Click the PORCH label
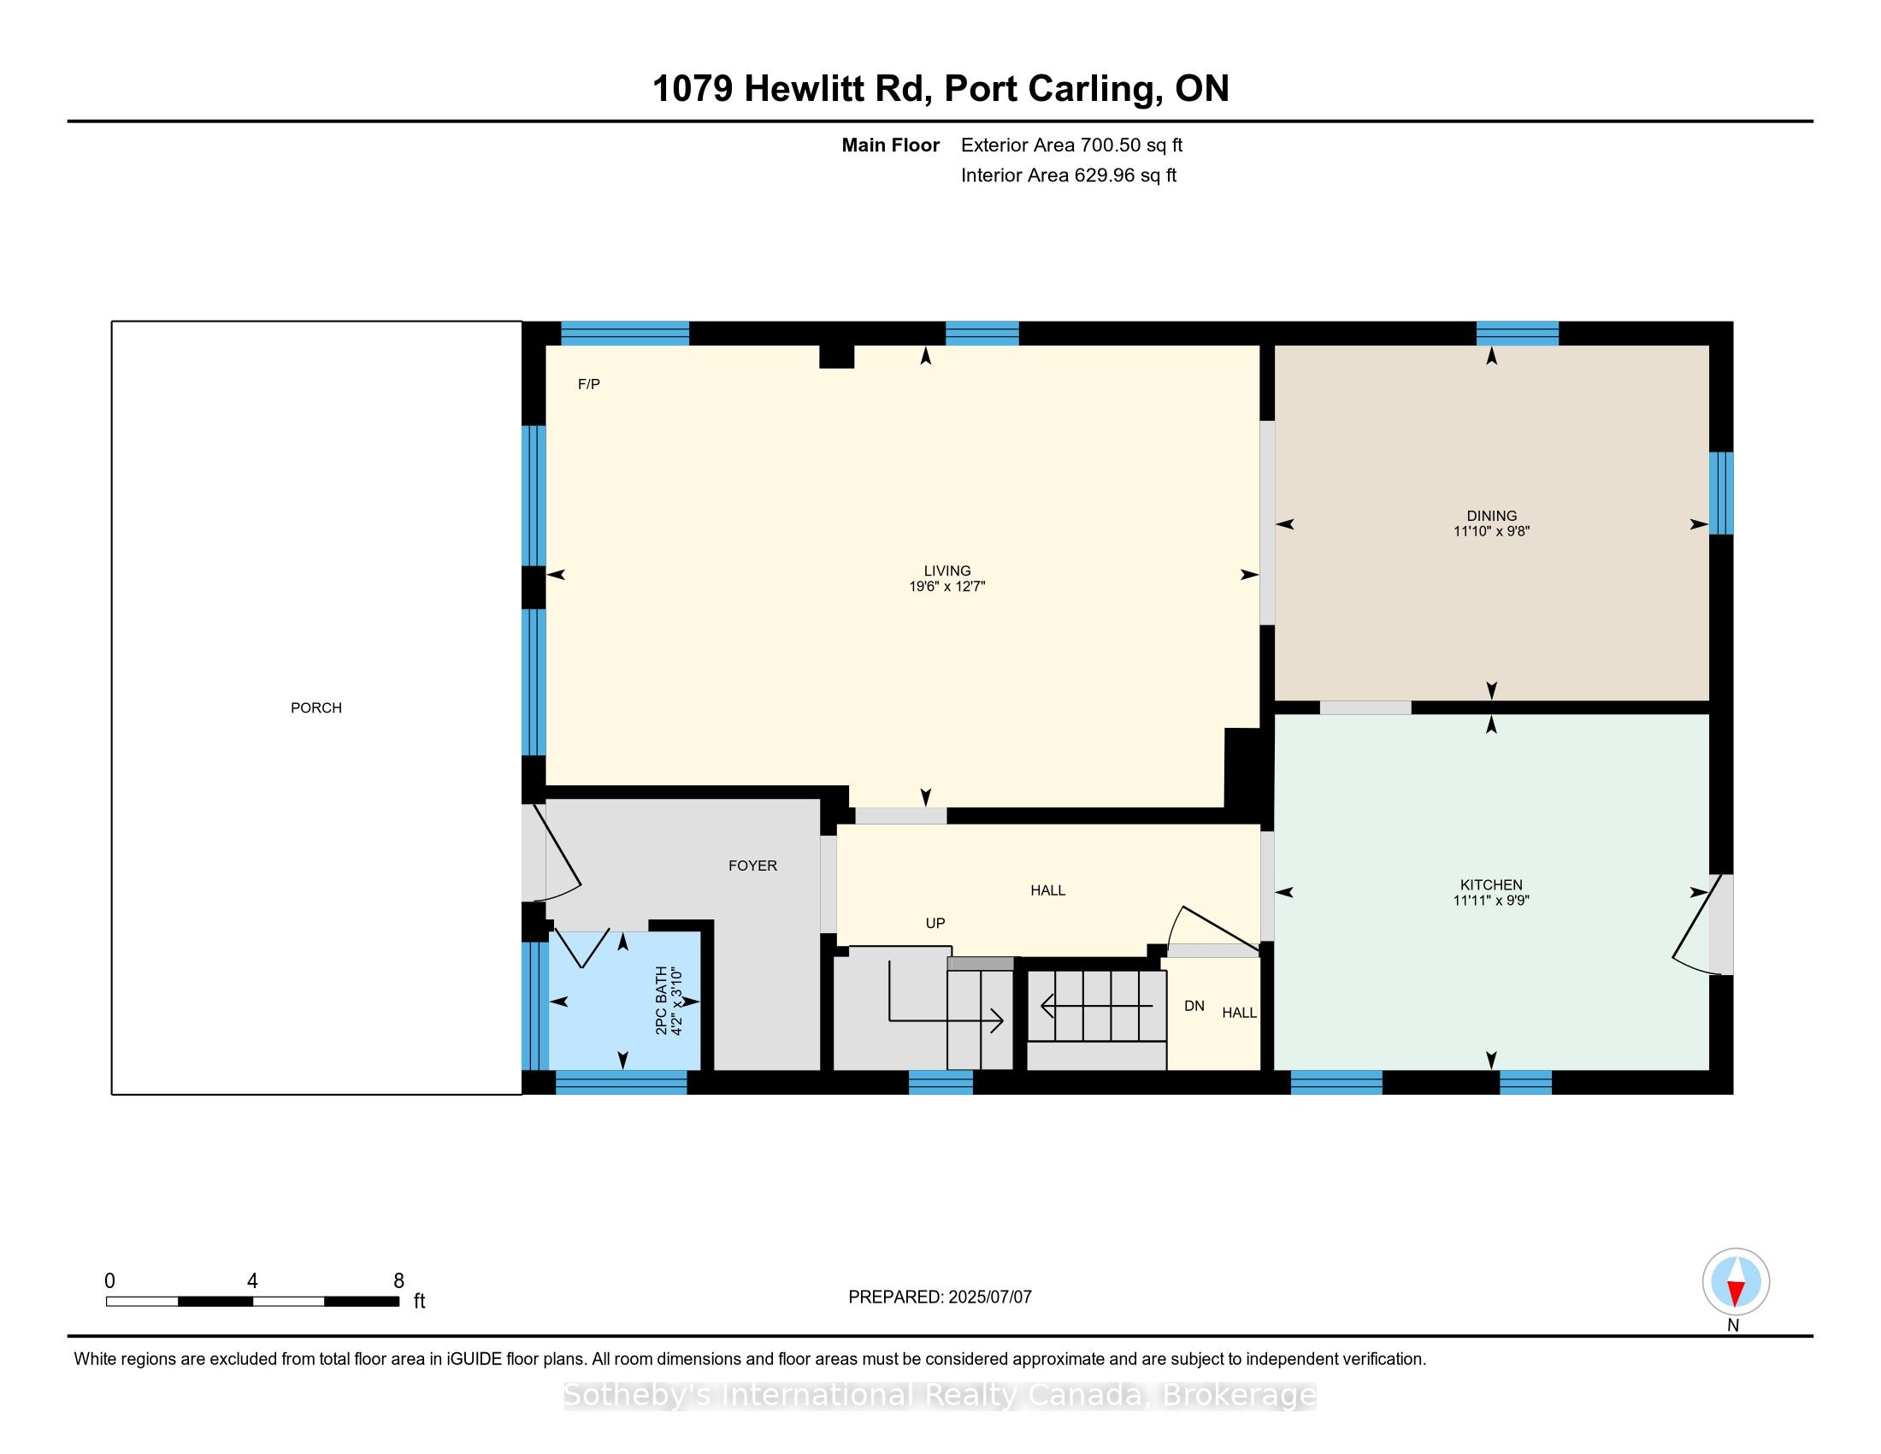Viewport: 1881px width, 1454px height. coord(316,708)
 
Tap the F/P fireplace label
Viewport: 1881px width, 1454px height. coord(589,384)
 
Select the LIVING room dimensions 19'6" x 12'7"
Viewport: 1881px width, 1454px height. coord(947,587)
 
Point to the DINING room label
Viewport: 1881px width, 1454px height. coord(1492,516)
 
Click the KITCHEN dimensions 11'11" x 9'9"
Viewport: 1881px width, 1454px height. coord(1492,901)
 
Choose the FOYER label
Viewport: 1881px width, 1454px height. coord(752,866)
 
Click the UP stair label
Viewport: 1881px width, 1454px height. coord(935,924)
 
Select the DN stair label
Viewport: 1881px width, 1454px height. coord(1194,1006)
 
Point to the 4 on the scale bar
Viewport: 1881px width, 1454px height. coord(252,1281)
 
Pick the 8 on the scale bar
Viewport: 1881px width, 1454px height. coord(398,1281)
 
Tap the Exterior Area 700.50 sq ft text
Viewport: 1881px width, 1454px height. coord(1071,145)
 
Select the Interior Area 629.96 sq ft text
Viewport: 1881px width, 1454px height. coord(1069,175)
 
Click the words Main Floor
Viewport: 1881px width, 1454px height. coord(891,145)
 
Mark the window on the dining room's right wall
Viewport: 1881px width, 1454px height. coord(1721,494)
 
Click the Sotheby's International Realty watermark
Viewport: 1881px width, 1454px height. coord(940,1395)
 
